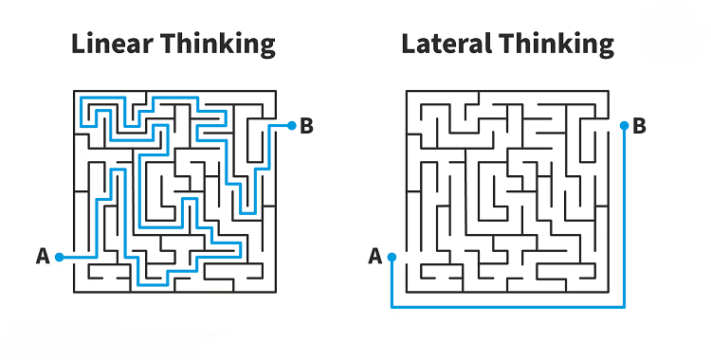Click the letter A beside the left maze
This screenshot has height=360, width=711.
[42, 256]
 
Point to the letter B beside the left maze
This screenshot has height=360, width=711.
[306, 125]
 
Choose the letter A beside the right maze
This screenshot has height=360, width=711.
[374, 256]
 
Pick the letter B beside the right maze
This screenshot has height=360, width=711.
[639, 125]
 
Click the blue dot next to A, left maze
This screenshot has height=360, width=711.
[59, 257]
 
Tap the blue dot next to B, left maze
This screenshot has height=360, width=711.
[291, 125]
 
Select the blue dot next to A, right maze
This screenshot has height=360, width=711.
[392, 257]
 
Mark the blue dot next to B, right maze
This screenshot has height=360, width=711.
[623, 125]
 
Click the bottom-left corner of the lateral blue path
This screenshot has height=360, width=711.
[392, 306]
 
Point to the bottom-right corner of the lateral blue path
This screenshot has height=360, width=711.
[623, 306]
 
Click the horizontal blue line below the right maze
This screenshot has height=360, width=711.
[507, 306]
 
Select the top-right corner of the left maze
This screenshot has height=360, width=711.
[276, 91]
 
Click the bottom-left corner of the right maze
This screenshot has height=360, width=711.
[406, 290]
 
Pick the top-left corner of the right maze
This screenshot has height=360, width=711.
[406, 91]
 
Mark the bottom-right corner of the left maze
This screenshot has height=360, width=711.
[276, 290]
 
